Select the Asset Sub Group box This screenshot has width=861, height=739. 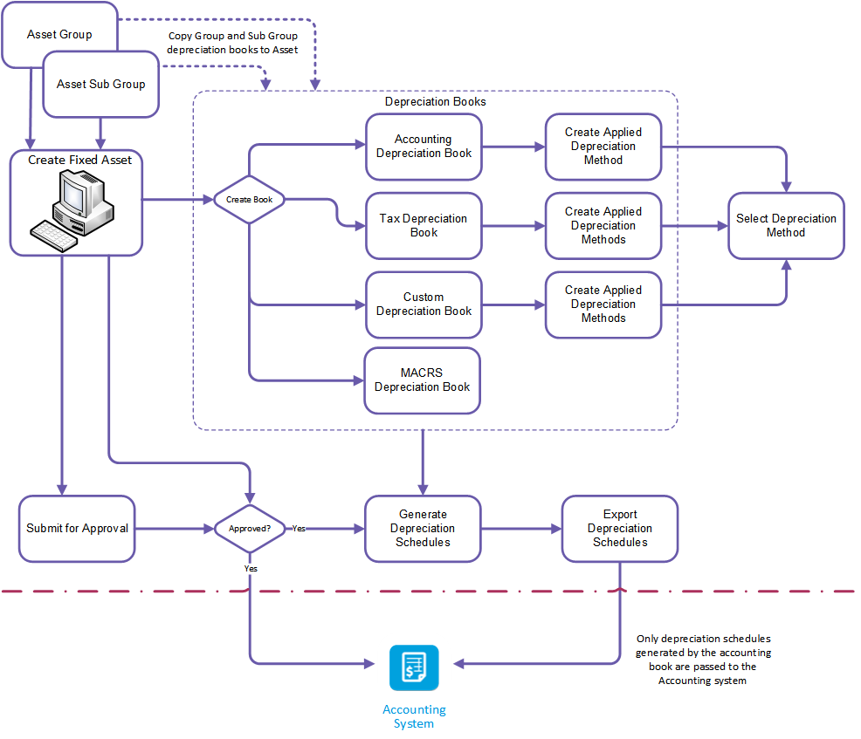coord(101,85)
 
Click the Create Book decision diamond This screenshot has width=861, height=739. coord(250,200)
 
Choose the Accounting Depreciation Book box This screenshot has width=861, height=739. coord(424,147)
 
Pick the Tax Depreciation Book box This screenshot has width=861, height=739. coord(424,226)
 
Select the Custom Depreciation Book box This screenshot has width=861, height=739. coord(424,304)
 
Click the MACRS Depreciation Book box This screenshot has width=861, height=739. coord(423,380)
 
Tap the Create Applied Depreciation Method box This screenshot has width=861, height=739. coord(603,147)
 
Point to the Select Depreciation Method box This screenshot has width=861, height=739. coord(786,226)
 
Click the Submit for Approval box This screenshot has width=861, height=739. coord(77,529)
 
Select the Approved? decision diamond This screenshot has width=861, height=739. coord(250,529)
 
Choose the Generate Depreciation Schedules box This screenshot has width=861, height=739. coord(423,529)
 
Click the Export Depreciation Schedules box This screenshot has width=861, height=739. coord(620,529)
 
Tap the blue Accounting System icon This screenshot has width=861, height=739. coord(414,667)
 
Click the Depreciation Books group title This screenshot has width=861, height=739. coord(436,102)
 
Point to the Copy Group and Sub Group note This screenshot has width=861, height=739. coord(233,43)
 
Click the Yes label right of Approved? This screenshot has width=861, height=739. coord(299,529)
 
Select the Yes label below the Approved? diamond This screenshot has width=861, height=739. coord(251,568)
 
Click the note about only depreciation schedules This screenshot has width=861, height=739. coord(703,660)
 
